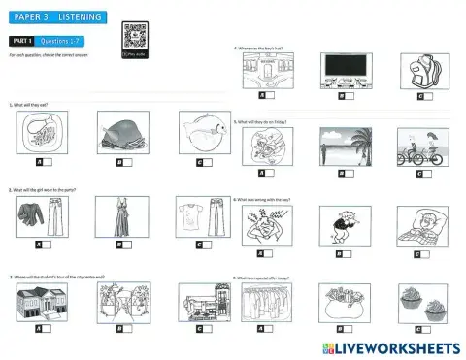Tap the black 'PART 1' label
point(21,42)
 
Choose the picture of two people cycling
point(421,148)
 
